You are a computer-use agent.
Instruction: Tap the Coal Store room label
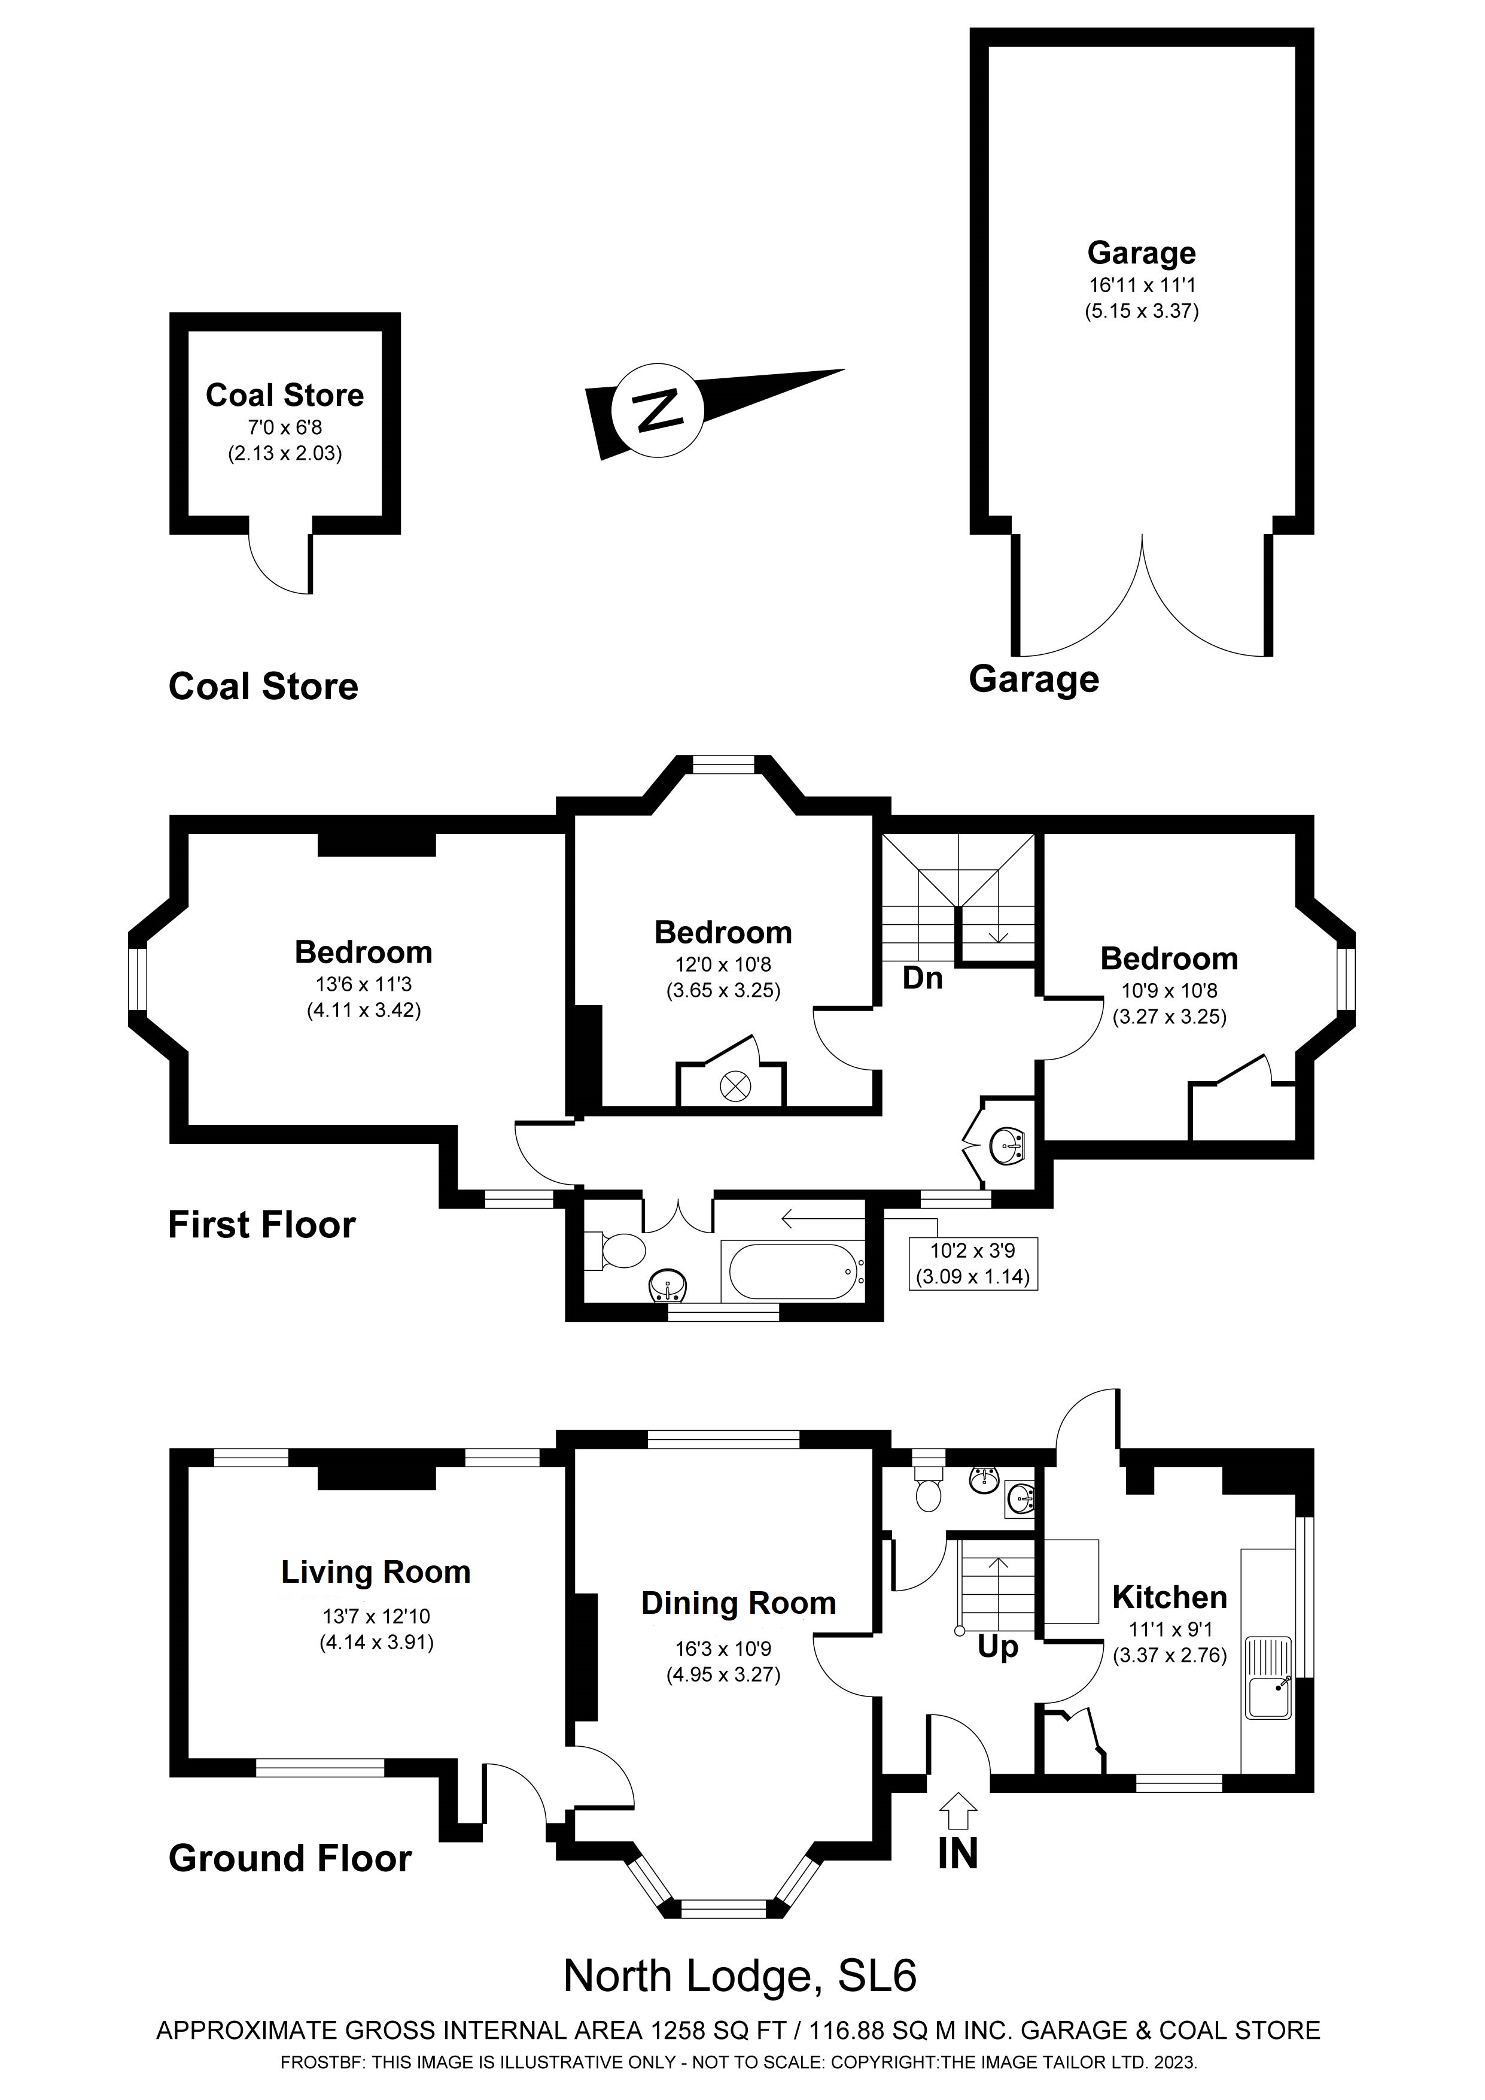click(284, 395)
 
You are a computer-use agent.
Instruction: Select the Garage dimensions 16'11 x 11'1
click(1141, 284)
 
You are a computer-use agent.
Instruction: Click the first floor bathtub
click(792, 1271)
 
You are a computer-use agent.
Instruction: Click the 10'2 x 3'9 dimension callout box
click(973, 1263)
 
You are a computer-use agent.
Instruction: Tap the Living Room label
click(376, 1571)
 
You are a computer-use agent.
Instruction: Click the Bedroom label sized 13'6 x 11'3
click(363, 952)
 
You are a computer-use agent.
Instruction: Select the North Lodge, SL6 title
click(740, 1975)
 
